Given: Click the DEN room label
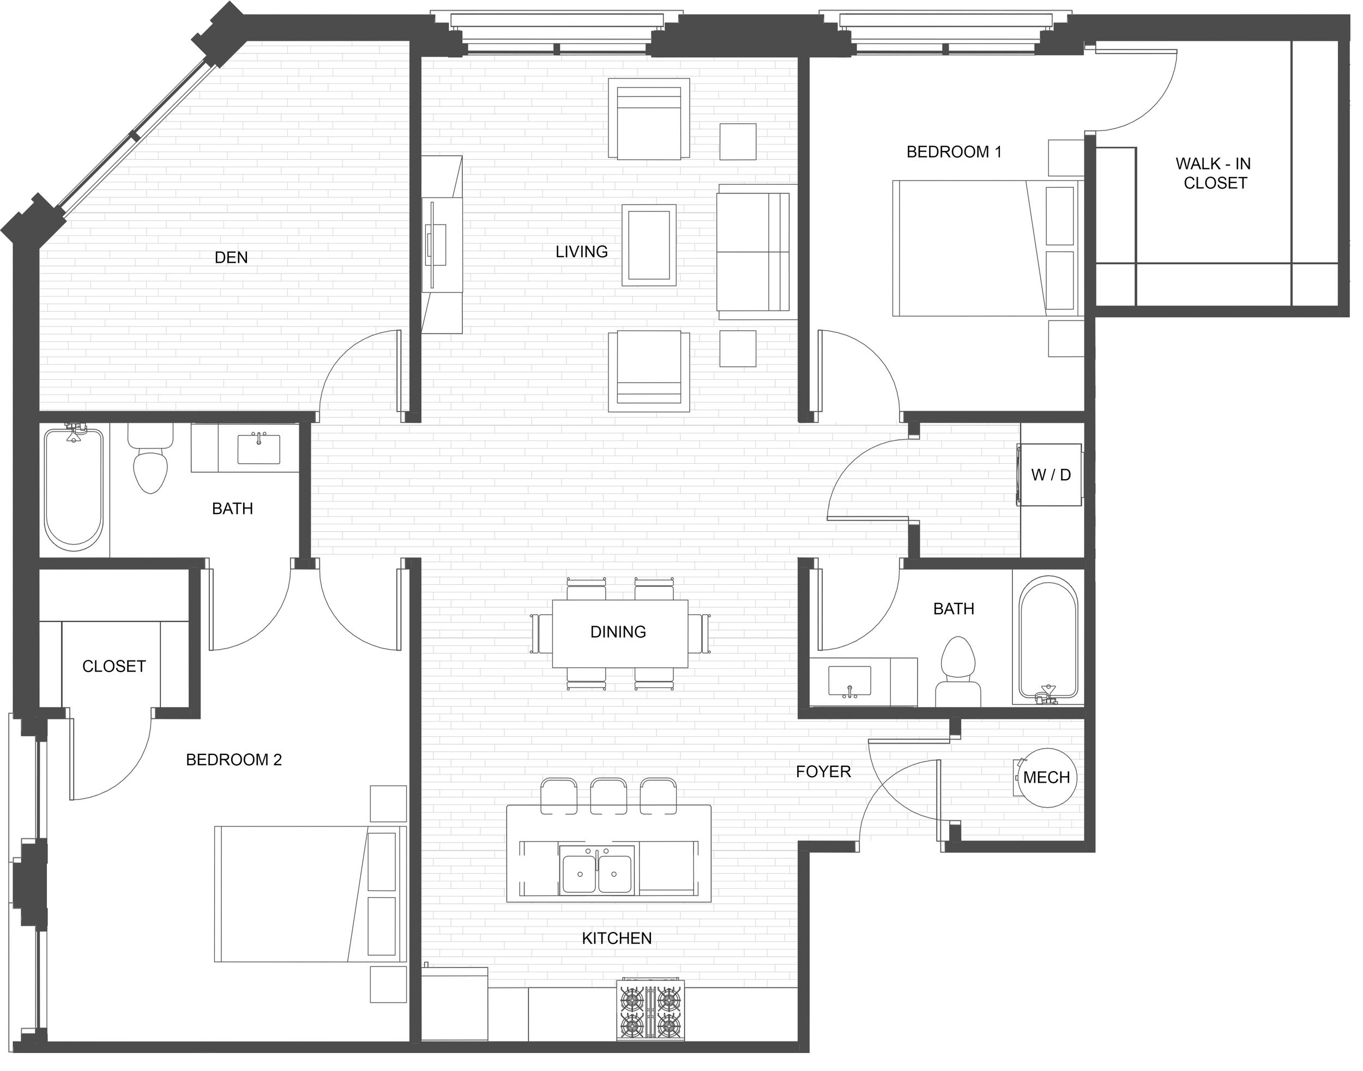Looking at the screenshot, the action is (231, 257).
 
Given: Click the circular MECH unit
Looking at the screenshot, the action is (1046, 778).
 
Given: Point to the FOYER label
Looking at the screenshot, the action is (823, 771).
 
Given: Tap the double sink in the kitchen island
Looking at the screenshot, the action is (596, 873).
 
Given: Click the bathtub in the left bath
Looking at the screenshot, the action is (74, 489).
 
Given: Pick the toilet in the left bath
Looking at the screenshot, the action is (150, 458).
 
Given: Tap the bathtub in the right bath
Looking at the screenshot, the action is (1048, 639).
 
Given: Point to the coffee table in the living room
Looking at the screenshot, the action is (649, 245).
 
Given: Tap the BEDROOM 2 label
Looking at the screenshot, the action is (234, 760).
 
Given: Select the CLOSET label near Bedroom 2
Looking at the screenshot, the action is (114, 666).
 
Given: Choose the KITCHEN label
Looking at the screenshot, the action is (617, 938).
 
